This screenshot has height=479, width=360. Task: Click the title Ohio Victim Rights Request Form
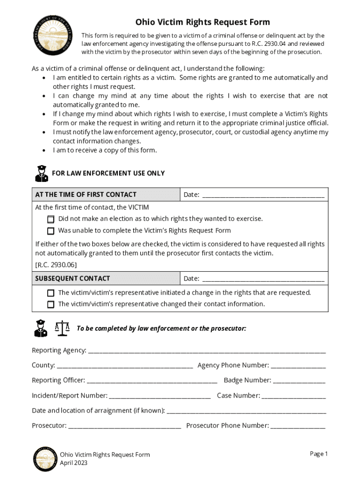(x=202, y=22)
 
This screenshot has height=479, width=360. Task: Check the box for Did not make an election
(x=50, y=219)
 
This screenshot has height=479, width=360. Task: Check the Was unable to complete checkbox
(x=50, y=231)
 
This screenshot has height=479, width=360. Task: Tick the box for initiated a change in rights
(x=50, y=293)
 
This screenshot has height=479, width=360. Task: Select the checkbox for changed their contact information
(x=50, y=304)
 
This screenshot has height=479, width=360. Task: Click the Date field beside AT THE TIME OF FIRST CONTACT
(x=263, y=195)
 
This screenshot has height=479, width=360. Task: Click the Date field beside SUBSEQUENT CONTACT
(x=263, y=279)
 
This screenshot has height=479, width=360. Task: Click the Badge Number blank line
(x=299, y=381)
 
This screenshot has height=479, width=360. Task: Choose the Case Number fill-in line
(x=294, y=396)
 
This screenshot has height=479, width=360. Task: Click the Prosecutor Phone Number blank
(x=298, y=426)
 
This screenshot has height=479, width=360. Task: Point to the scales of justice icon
(x=62, y=328)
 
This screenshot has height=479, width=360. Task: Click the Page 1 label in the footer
(x=319, y=454)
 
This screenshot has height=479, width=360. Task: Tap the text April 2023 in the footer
(x=73, y=463)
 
